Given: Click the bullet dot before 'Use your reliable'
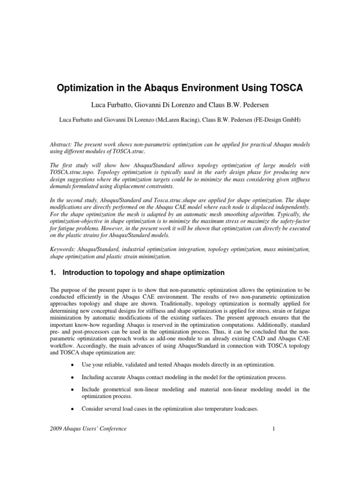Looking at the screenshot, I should click(x=72, y=364).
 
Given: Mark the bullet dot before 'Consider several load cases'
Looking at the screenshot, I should click(x=72, y=409).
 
